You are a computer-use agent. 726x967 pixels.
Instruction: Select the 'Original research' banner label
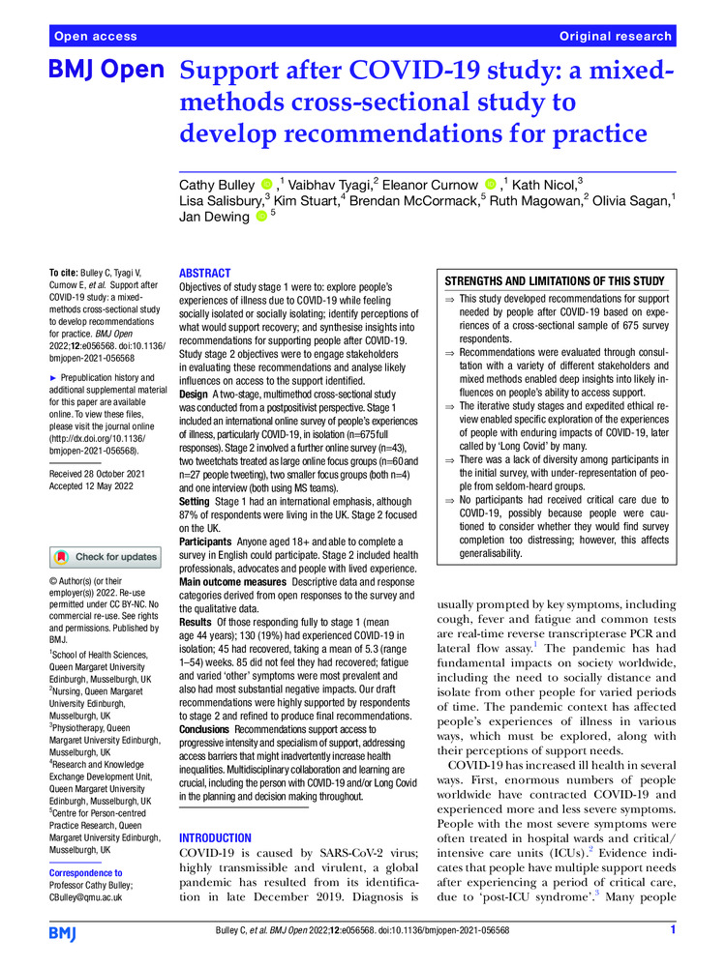coord(615,36)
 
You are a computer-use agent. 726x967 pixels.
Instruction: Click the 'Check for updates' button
coord(106,557)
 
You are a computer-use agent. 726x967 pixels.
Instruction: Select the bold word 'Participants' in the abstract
coord(212,543)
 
